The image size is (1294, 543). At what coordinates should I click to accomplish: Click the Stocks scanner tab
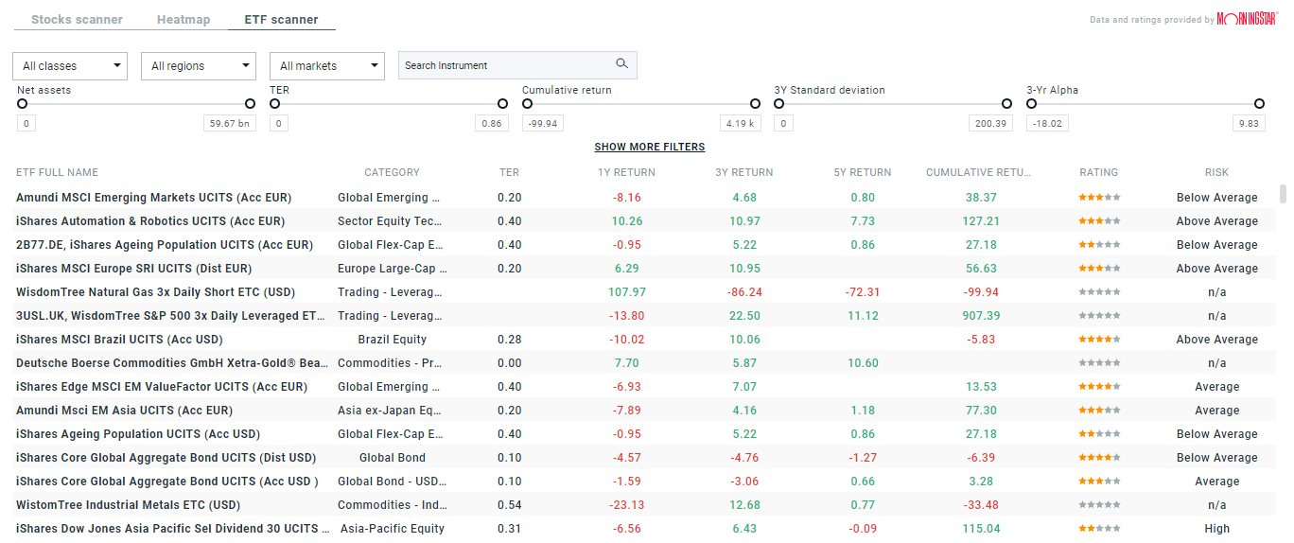(77, 20)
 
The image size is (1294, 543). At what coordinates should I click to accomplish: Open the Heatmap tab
(184, 20)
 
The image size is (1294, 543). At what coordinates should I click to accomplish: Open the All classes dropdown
(70, 66)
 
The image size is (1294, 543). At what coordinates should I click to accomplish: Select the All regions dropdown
(199, 66)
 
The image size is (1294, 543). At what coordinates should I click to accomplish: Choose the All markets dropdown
(327, 66)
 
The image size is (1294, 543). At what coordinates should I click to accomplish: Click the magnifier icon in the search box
(621, 64)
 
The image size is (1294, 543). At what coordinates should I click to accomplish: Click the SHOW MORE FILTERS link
(649, 148)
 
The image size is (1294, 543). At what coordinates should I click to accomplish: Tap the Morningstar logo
(1248, 19)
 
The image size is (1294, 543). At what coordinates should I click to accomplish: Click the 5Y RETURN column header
(862, 173)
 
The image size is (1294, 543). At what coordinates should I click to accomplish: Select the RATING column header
(1098, 173)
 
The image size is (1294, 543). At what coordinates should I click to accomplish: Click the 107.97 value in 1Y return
(626, 292)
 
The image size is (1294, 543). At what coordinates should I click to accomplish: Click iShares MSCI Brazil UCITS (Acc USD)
(119, 340)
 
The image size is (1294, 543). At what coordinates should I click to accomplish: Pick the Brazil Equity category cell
(392, 340)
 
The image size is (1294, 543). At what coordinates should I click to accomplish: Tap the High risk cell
(1216, 529)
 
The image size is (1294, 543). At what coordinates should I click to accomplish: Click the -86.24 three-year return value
(744, 292)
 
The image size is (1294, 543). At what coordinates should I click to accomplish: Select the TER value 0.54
(509, 505)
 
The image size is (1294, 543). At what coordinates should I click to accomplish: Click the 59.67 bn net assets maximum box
(230, 124)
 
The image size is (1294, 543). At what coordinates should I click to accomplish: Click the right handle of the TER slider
(502, 104)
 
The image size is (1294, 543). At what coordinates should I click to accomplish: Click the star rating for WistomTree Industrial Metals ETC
(1099, 505)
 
